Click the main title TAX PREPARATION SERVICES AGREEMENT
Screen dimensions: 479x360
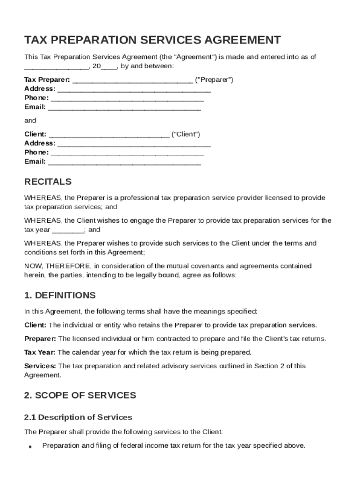(152, 40)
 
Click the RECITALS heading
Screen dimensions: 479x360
(48, 181)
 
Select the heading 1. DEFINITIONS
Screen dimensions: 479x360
(60, 295)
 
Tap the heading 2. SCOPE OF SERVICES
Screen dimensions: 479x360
(80, 395)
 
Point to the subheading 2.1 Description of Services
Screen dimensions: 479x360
(78, 417)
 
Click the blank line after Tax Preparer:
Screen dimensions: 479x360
(133, 80)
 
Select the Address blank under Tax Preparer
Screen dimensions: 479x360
(134, 89)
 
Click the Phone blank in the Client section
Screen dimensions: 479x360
(127, 153)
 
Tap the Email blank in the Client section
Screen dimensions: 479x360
(124, 162)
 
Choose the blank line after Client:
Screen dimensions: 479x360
(108, 135)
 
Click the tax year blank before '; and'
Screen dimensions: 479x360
(68, 230)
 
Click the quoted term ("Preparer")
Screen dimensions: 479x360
(214, 80)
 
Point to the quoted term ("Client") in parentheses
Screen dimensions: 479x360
(186, 134)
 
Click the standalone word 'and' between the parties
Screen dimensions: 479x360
(30, 121)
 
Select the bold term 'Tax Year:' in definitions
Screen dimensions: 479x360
(40, 352)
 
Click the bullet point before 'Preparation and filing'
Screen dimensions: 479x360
(29, 447)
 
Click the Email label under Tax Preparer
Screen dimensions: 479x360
(35, 107)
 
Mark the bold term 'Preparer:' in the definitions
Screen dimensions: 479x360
(40, 339)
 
